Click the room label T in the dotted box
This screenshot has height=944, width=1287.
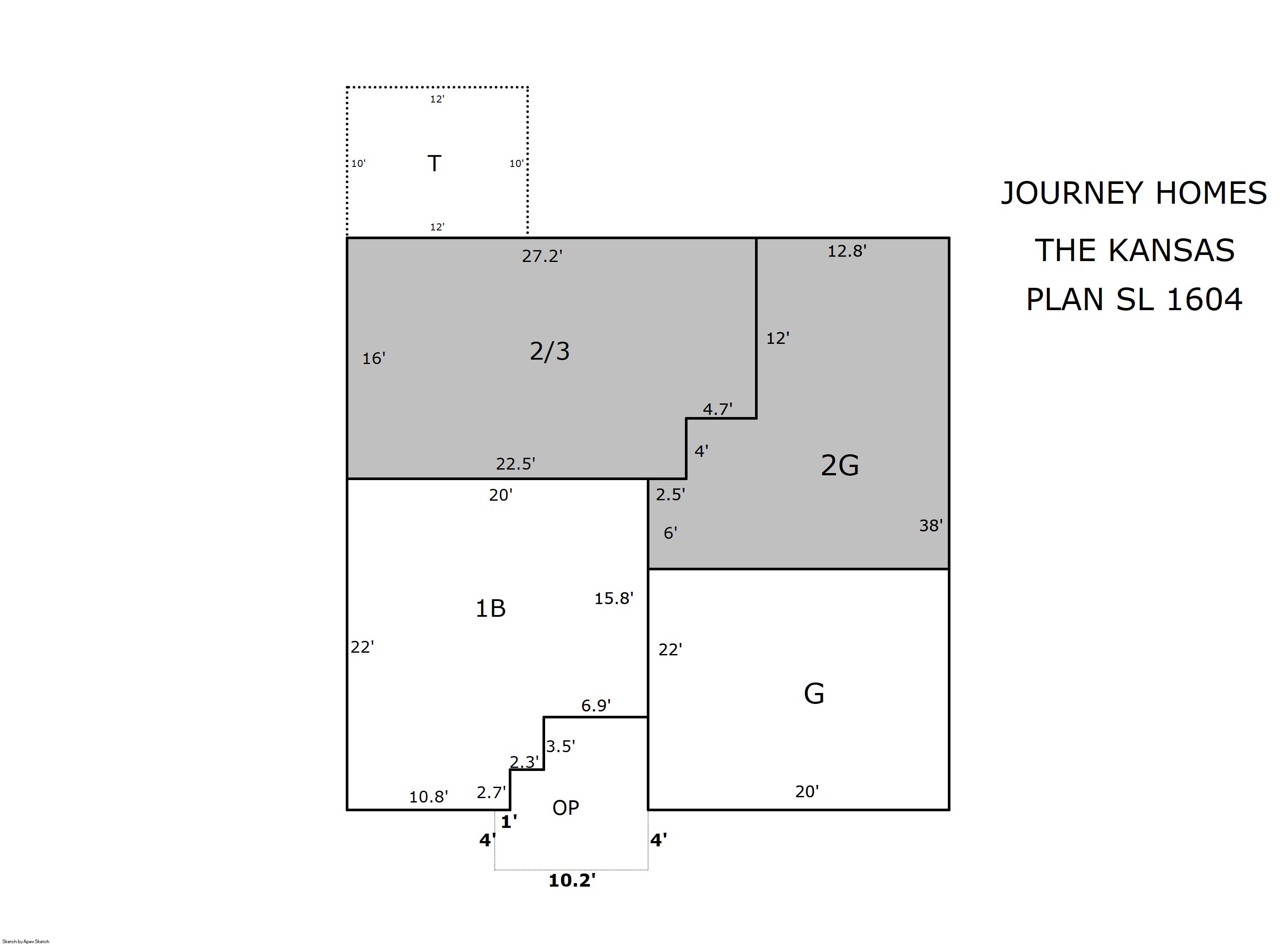point(434,163)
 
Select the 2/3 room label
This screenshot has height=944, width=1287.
point(550,351)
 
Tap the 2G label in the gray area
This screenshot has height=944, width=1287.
point(840,465)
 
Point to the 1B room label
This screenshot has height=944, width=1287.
point(490,608)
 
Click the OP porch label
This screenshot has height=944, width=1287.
point(566,807)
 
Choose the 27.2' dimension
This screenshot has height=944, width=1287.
point(542,256)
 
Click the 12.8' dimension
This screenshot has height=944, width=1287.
point(847,251)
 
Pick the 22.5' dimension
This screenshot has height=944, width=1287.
point(515,463)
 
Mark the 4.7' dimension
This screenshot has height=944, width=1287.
point(717,409)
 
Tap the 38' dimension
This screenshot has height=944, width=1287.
point(930,525)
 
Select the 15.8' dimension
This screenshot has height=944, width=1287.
point(614,598)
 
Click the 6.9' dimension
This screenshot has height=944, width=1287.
point(596,706)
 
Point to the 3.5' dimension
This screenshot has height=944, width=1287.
point(560,746)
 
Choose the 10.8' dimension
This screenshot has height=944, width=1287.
point(429,796)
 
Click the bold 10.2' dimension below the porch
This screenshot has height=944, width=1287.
point(572,880)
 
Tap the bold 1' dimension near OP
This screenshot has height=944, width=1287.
point(509,822)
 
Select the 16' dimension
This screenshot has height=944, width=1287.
point(374,358)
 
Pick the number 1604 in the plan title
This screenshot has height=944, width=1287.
point(1204,300)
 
